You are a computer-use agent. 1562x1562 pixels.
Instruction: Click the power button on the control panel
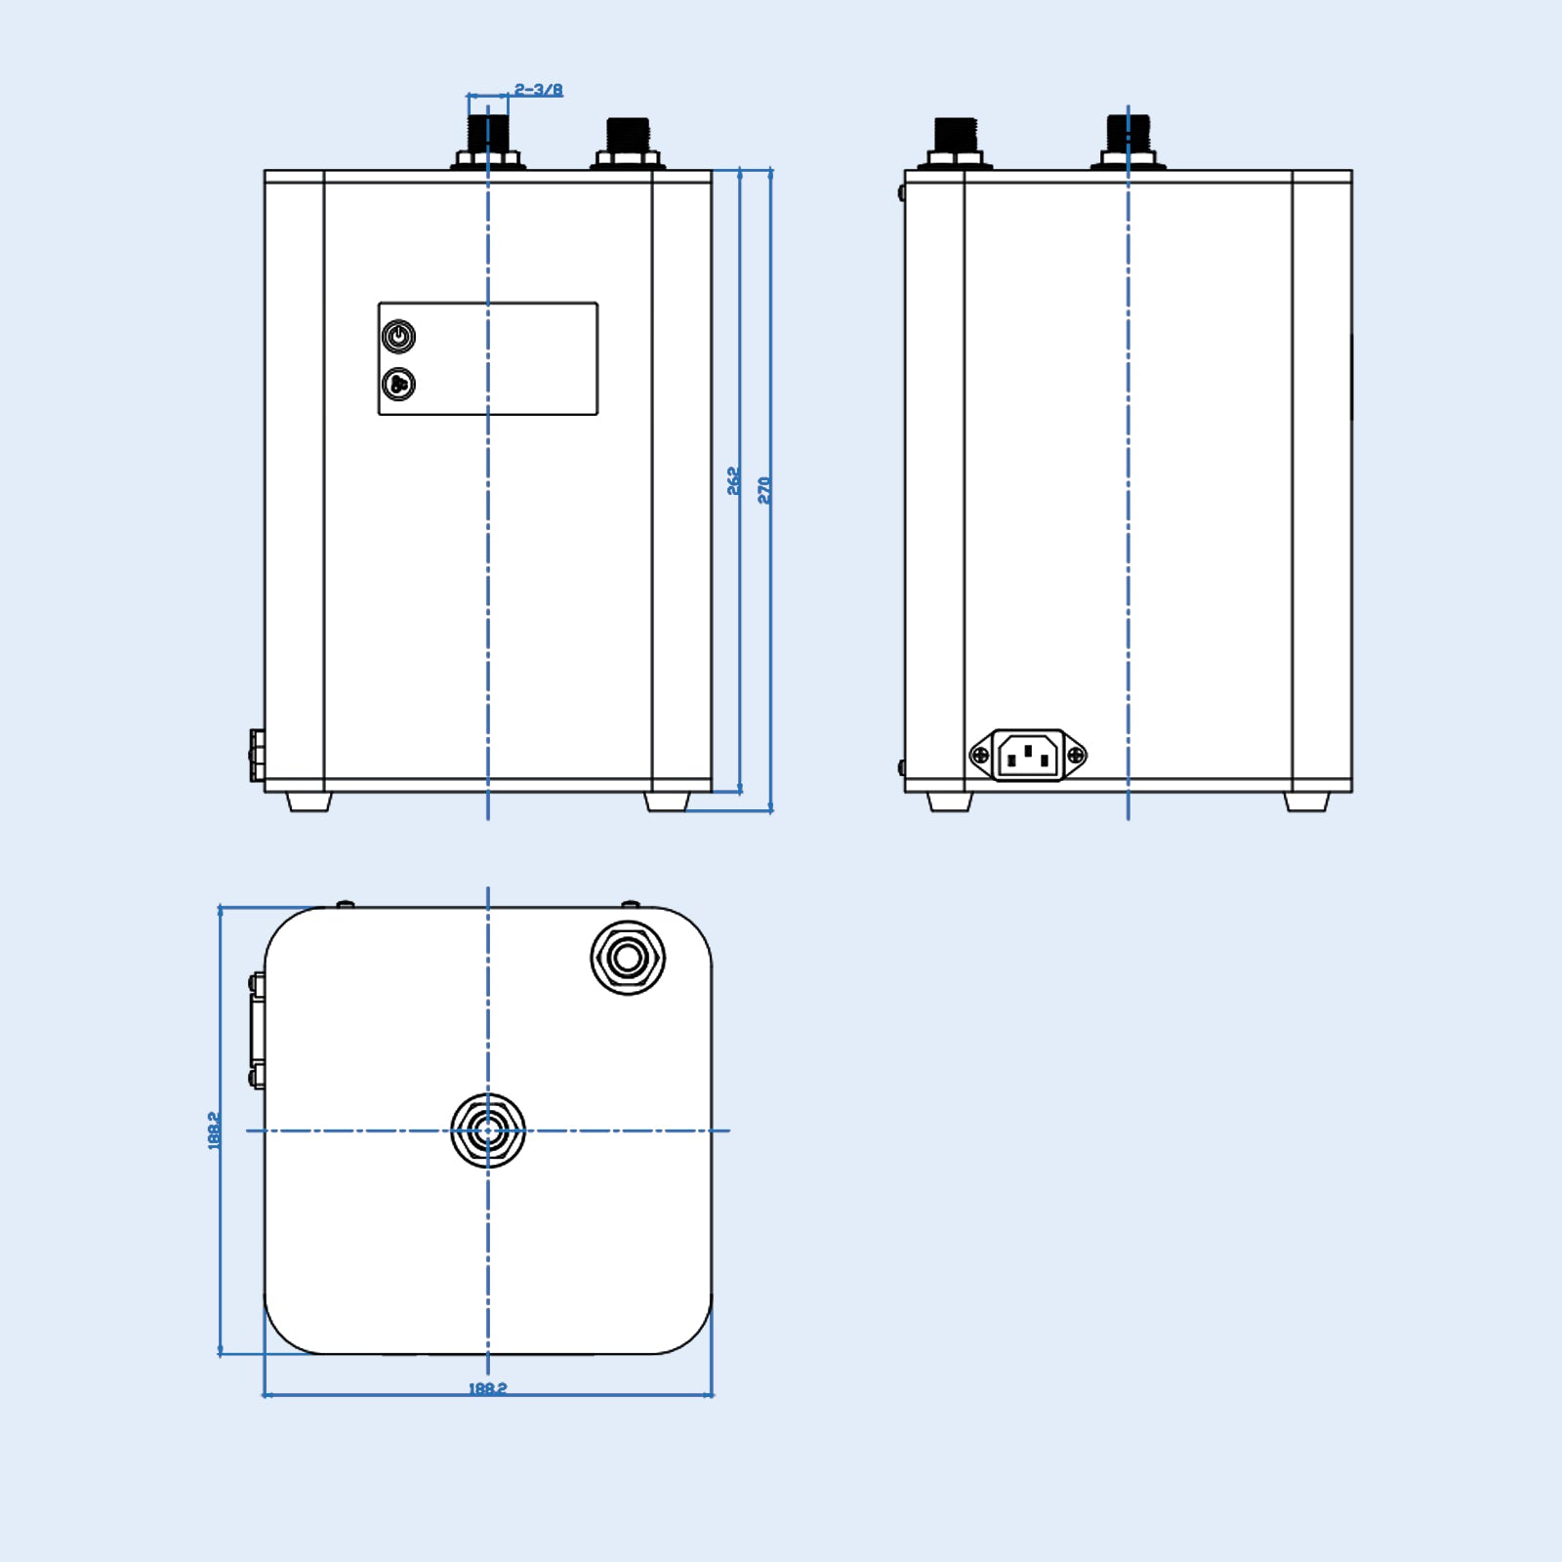pyautogui.click(x=398, y=337)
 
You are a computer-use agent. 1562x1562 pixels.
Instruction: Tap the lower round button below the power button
pyautogui.click(x=398, y=385)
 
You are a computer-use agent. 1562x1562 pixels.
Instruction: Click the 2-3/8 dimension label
pyautogui.click(x=539, y=91)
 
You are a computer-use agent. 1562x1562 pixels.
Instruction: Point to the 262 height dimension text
pyautogui.click(x=734, y=481)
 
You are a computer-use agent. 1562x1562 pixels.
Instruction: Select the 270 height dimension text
pyautogui.click(x=764, y=490)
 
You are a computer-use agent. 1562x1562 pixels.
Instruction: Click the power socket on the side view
pyautogui.click(x=1028, y=756)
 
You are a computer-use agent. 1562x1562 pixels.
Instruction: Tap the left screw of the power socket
pyautogui.click(x=980, y=756)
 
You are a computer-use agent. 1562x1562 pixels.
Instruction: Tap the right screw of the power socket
pyautogui.click(x=1076, y=756)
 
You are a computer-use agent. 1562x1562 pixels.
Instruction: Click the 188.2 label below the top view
pyautogui.click(x=487, y=1387)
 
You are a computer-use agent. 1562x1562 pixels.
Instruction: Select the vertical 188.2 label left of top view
pyautogui.click(x=214, y=1130)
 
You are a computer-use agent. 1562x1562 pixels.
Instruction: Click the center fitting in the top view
pyautogui.click(x=488, y=1130)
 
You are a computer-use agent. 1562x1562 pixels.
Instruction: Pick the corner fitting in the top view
pyautogui.click(x=628, y=958)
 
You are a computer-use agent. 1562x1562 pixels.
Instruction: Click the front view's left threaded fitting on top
pyautogui.click(x=488, y=143)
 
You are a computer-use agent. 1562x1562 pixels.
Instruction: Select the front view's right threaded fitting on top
pyautogui.click(x=628, y=143)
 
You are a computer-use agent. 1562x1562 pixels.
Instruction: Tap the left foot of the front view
pyautogui.click(x=309, y=802)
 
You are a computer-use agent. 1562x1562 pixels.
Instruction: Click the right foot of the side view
pyautogui.click(x=1306, y=802)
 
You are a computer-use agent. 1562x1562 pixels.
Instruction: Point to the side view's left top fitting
pyautogui.click(x=956, y=143)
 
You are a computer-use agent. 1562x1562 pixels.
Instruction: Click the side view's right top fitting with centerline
pyautogui.click(x=1129, y=143)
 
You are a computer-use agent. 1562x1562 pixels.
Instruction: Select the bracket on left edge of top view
pyautogui.click(x=257, y=1030)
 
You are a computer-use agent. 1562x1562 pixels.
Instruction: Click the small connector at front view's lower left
pyautogui.click(x=257, y=756)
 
